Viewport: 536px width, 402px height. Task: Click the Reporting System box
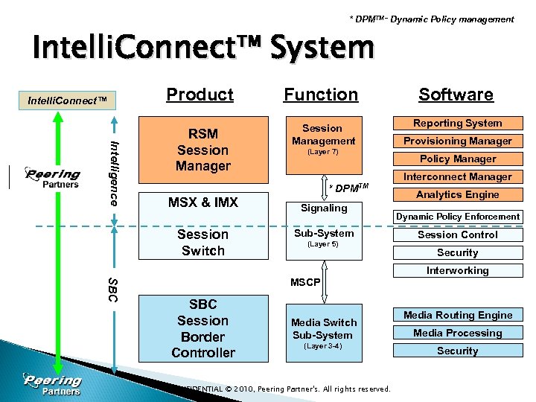[457, 124]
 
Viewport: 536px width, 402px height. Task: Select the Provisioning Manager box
[457, 141]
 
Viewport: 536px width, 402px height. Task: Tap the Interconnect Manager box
[457, 177]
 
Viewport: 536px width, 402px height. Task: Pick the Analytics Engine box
[457, 195]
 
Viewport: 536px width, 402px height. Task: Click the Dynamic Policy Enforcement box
[457, 217]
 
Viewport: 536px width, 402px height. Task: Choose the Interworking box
[457, 271]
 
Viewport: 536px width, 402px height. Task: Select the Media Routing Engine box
[457, 316]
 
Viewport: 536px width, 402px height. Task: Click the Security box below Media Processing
[457, 351]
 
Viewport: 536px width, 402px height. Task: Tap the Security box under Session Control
[457, 253]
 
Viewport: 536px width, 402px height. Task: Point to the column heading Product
[200, 95]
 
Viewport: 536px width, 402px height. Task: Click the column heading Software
[456, 95]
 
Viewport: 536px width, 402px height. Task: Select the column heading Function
[321, 95]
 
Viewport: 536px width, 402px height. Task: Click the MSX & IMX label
[202, 202]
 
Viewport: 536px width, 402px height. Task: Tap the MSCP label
[305, 283]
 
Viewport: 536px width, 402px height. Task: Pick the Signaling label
[323, 208]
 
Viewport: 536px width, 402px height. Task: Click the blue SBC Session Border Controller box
[202, 328]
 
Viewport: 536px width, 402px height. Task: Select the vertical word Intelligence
[114, 173]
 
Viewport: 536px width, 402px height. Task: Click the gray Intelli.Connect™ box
[67, 100]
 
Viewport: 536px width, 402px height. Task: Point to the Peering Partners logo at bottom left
[52, 384]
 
